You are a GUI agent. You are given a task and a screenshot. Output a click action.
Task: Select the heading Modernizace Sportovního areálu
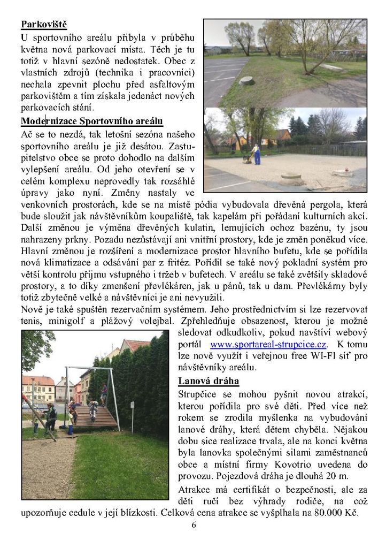(92, 121)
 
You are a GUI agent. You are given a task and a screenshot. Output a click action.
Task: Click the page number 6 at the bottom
(194, 524)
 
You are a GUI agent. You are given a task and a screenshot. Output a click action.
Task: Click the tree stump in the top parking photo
(246, 80)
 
